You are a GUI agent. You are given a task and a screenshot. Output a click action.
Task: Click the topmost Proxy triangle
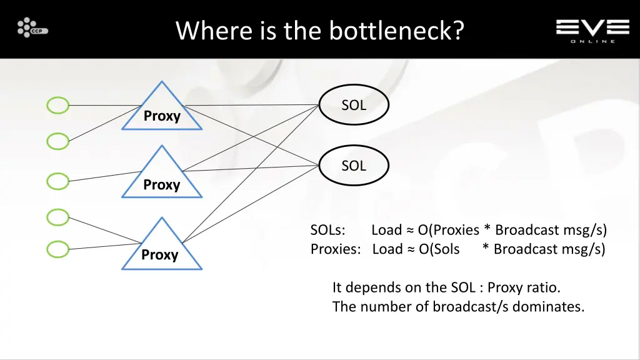click(x=162, y=111)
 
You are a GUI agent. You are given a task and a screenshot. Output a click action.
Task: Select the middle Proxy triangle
click(x=162, y=178)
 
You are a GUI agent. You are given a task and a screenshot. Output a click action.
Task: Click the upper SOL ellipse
click(x=354, y=106)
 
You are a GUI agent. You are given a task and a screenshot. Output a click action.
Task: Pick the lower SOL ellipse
click(x=354, y=166)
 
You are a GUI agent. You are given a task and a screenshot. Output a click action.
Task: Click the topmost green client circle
click(x=58, y=106)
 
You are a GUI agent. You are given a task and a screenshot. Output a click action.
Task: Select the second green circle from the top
click(x=58, y=142)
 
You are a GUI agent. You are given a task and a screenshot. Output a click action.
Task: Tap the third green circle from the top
click(x=58, y=181)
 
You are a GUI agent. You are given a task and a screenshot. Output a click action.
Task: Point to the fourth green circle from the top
click(x=58, y=217)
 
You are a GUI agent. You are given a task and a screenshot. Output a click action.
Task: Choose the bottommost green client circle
click(x=58, y=249)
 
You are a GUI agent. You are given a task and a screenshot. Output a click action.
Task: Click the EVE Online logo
click(x=592, y=29)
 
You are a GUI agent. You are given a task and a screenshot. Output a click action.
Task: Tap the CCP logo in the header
click(x=32, y=28)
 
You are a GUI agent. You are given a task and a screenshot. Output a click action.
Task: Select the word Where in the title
click(x=214, y=30)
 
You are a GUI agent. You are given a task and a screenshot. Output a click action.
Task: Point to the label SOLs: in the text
click(x=328, y=230)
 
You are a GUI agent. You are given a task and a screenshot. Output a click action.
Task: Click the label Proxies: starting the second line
click(x=336, y=249)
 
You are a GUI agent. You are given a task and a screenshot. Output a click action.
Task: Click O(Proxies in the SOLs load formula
click(x=449, y=230)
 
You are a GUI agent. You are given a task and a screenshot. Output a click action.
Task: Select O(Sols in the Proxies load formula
click(x=439, y=249)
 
